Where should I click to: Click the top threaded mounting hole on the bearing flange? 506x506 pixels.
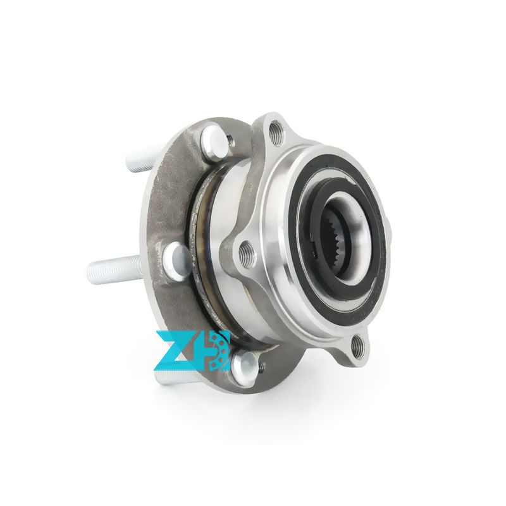pyautogui.click(x=276, y=132)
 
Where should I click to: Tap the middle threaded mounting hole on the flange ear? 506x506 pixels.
pyautogui.click(x=247, y=254)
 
